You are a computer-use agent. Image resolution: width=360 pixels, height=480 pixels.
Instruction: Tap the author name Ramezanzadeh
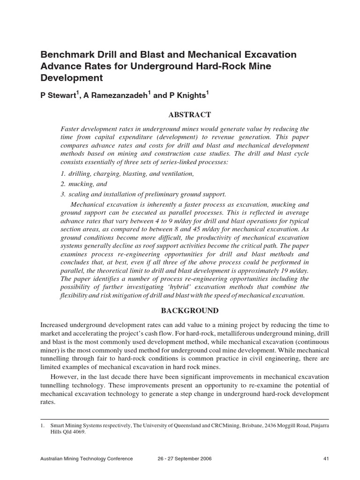117,95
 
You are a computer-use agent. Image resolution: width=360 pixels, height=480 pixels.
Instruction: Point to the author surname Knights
187,95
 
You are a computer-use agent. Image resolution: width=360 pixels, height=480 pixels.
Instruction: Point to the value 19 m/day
296,270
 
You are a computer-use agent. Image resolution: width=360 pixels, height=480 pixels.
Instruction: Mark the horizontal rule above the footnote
185,419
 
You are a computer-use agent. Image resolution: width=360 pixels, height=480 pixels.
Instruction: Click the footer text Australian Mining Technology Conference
87,458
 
